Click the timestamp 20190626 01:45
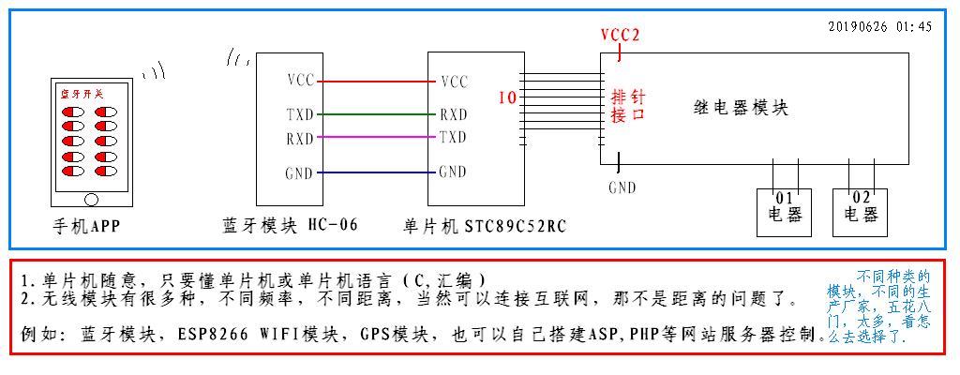pos(879,27)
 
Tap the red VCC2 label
pos(621,36)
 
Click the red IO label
pos(506,97)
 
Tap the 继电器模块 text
pos(740,108)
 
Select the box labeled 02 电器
pos(861,207)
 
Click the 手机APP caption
pos(87,226)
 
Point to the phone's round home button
pos(91,199)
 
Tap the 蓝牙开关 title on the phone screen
pos(82,95)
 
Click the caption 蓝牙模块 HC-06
pos(290,225)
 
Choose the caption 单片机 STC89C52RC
pos(484,226)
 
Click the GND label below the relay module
pos(622,187)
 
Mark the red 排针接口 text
pos(628,106)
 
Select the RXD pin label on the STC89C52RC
pos(453,115)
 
